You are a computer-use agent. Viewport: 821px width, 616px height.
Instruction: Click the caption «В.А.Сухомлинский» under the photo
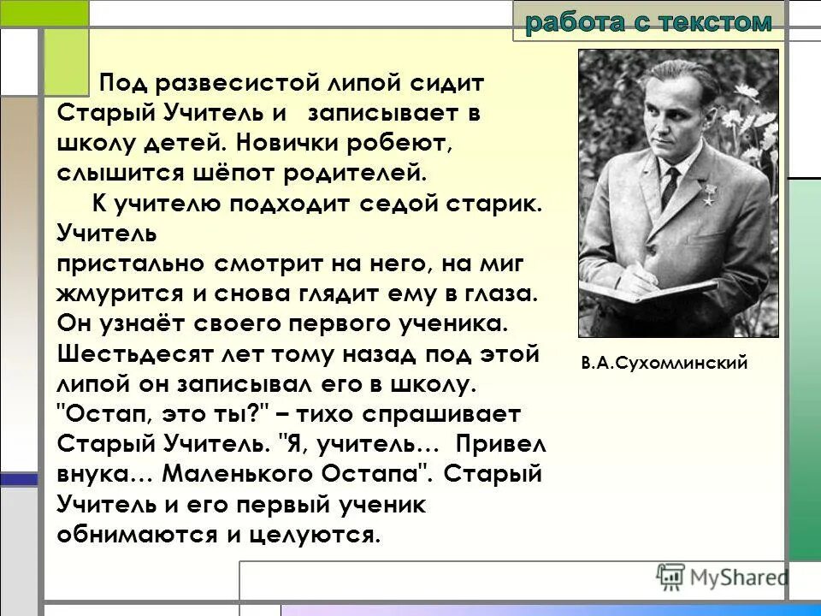click(x=664, y=363)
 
